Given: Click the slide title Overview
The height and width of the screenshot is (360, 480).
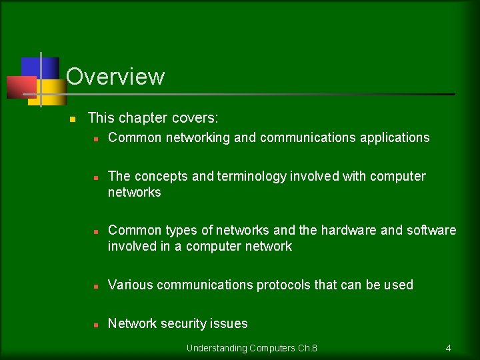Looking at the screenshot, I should click(115, 77).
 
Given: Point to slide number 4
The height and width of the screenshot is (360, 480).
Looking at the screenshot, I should click(448, 348).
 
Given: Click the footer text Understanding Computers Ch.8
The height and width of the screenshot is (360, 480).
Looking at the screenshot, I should click(251, 348).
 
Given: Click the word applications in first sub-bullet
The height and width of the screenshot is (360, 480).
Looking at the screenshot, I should click(395, 138).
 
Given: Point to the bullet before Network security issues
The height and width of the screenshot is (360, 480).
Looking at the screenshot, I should click(96, 325).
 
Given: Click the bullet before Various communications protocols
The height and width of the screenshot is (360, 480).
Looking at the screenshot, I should click(96, 286).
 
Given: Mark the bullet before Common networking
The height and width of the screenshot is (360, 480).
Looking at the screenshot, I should click(96, 139).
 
